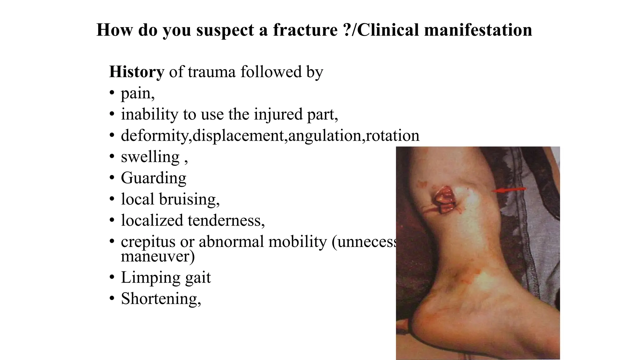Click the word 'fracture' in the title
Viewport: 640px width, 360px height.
[305, 30]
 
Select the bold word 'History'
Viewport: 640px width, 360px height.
[137, 72]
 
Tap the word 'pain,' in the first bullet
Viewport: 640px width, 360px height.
[138, 93]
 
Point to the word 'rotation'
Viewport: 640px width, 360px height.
[392, 136]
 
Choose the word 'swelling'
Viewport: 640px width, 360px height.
[150, 157]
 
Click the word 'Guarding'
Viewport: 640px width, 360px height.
[153, 178]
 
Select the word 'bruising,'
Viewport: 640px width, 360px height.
[189, 199]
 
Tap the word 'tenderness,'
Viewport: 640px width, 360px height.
[226, 221]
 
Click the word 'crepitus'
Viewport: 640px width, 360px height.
[148, 242]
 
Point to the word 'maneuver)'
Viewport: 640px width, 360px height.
[158, 256]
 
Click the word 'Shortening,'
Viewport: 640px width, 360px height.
[161, 299]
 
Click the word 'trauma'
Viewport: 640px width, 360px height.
[212, 72]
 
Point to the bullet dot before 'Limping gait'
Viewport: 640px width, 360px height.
[112, 277]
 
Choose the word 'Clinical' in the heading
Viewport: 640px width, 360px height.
[387, 30]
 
